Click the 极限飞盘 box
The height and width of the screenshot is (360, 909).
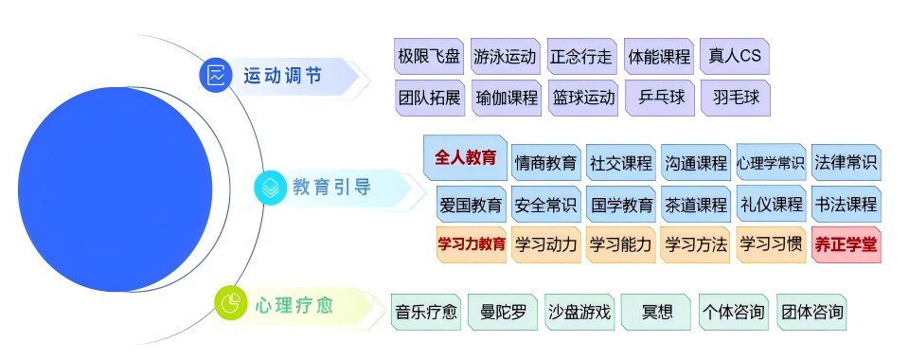(428, 56)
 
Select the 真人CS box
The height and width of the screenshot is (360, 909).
(735, 56)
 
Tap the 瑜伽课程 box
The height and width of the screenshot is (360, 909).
(507, 98)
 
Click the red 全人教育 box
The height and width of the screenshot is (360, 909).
(465, 158)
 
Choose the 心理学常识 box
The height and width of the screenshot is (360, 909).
(771, 162)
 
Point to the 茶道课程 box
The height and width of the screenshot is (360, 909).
(696, 204)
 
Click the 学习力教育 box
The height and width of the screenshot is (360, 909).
(471, 244)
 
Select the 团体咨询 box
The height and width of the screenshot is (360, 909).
(811, 312)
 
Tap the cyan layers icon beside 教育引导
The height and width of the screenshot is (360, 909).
(270, 187)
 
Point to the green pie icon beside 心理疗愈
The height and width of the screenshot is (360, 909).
(229, 303)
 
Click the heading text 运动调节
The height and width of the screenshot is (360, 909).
(282, 76)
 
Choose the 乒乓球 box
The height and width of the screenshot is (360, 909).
(658, 98)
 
